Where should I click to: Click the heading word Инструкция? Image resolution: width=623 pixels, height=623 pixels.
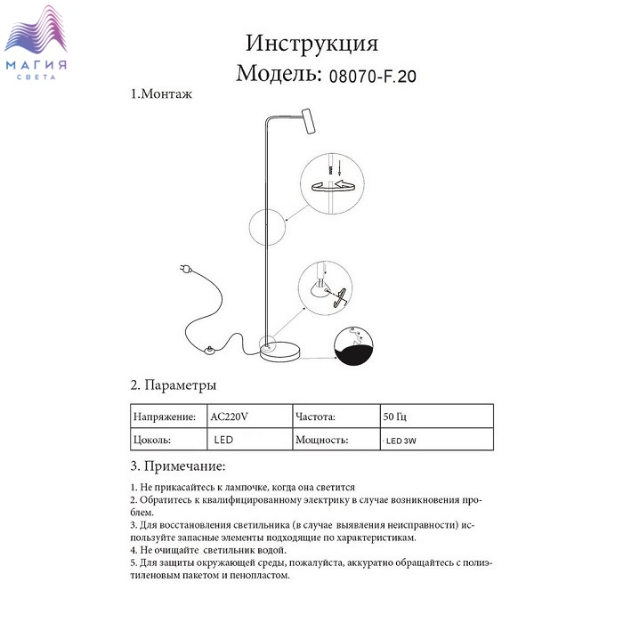click(x=311, y=44)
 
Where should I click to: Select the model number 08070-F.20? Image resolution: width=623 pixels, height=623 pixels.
click(x=373, y=77)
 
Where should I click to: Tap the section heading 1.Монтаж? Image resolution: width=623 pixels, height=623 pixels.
click(x=161, y=93)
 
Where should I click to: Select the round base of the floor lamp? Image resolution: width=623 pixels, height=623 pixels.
click(x=284, y=352)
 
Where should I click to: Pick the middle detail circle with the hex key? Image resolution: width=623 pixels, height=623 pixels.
click(x=322, y=287)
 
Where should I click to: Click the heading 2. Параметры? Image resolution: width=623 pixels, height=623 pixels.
click(x=174, y=386)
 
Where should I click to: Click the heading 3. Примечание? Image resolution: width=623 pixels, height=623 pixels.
click(x=177, y=465)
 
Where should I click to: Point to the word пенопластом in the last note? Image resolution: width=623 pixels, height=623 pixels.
click(x=261, y=575)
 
